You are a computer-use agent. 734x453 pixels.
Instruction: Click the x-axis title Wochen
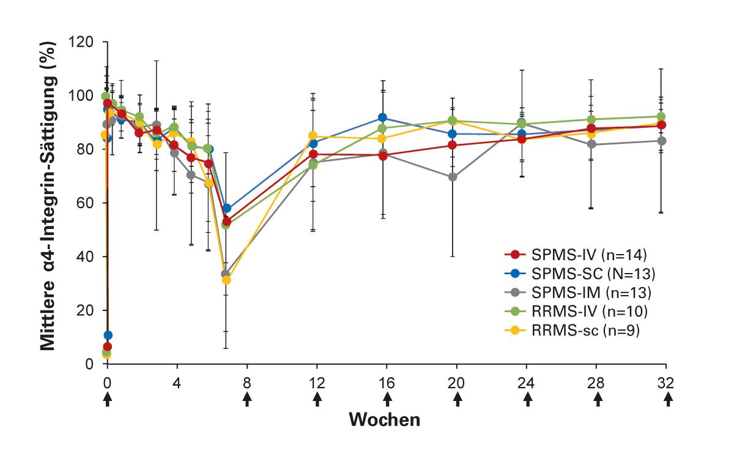click(385, 420)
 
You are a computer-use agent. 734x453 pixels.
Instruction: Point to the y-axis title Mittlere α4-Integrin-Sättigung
click(54, 196)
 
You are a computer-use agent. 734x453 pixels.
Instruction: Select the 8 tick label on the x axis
click(247, 383)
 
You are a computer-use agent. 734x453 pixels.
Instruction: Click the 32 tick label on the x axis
click(666, 383)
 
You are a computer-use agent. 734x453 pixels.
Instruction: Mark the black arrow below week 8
click(247, 400)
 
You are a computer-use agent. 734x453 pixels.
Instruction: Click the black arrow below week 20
click(457, 400)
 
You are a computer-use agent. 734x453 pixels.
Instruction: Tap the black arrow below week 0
click(108, 400)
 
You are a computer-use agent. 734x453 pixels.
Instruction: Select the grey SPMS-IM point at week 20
click(453, 177)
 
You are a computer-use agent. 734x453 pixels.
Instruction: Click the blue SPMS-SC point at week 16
click(382, 118)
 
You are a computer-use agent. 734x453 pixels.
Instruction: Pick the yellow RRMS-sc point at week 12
click(313, 136)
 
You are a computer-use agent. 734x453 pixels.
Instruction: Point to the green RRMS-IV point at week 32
click(661, 116)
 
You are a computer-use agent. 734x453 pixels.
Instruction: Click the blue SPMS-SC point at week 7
click(227, 209)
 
